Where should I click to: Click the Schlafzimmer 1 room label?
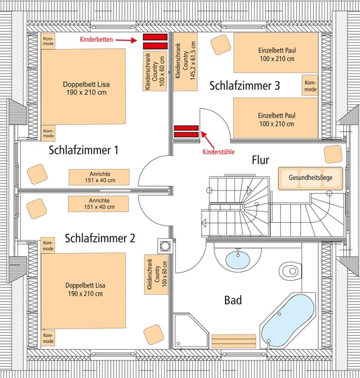point(83,150)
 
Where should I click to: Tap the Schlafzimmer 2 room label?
point(100,238)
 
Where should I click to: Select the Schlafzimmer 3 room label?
point(244,85)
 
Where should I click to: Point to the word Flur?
point(261,160)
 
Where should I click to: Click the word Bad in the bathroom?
point(233,300)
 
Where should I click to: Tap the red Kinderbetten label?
point(97,40)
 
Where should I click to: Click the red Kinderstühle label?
point(218,152)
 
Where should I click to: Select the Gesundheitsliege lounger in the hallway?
point(310,178)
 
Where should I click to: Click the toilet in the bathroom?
point(291,271)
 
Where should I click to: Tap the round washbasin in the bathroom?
point(238,260)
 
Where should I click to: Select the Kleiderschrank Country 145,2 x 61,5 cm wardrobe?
point(185,62)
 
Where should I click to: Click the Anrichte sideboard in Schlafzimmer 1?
point(99,177)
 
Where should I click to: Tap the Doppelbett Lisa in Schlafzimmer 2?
point(83,291)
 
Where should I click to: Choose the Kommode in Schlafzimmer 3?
point(310,85)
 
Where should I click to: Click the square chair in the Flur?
point(333,154)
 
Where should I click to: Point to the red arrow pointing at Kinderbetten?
point(126,40)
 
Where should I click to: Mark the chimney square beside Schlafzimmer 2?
point(165,246)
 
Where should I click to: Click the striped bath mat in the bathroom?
point(234,341)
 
